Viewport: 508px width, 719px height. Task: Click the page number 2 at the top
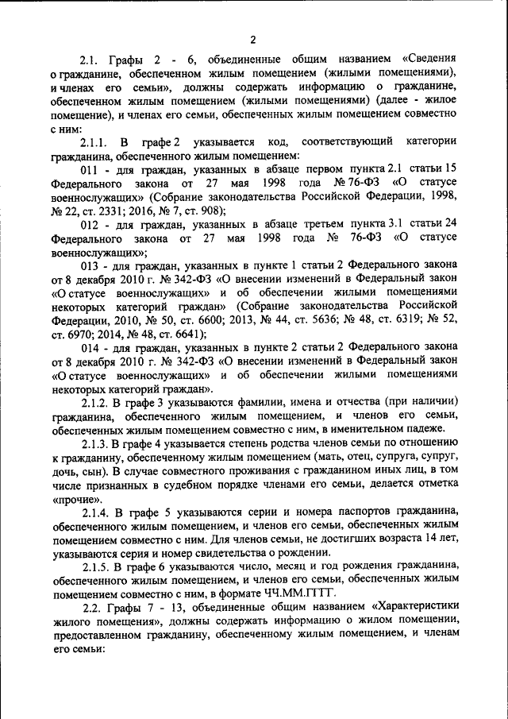point(252,41)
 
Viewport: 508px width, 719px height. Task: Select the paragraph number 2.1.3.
point(98,445)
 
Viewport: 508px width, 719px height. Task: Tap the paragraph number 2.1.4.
point(98,513)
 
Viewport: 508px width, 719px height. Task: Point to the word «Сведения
point(429,60)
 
